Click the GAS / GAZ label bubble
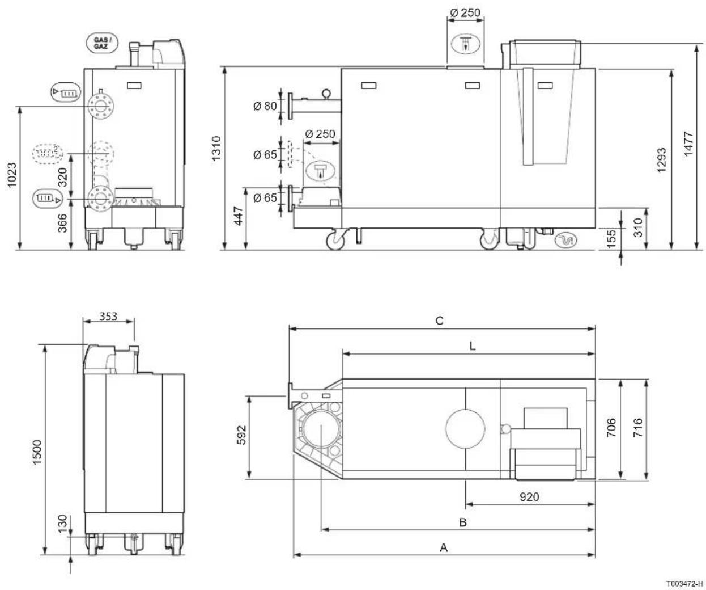pos(102,43)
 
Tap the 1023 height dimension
pos(12,175)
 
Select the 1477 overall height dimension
pos(688,144)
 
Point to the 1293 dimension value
pos(661,160)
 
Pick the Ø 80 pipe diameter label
pos(265,106)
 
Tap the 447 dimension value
pos(239,216)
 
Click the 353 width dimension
pos(108,316)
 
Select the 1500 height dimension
pos(36,452)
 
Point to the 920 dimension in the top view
pos(529,497)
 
